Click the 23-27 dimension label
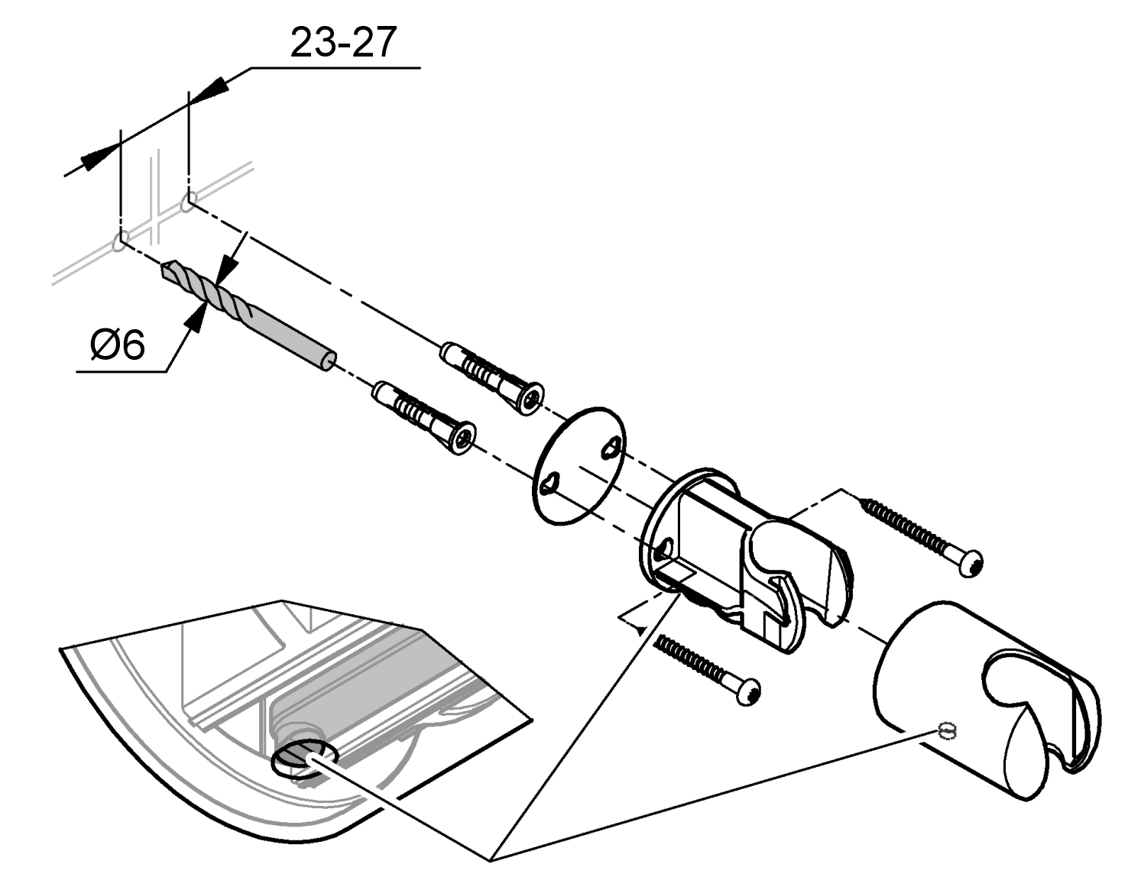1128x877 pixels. point(343,44)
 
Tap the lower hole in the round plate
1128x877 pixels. point(550,484)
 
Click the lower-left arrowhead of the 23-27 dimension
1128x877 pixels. point(92,159)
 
